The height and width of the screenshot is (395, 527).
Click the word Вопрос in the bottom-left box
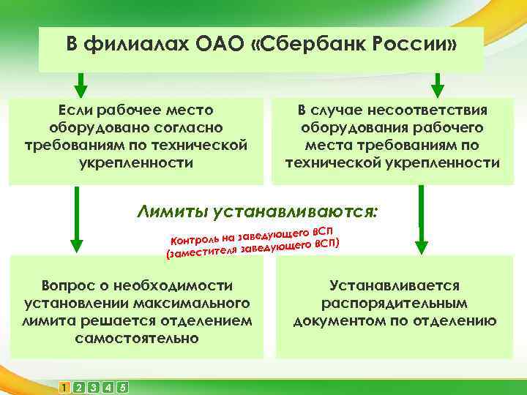click(x=72, y=285)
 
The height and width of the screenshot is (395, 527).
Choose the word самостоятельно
click(x=136, y=338)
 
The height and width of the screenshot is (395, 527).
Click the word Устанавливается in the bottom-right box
click(x=395, y=285)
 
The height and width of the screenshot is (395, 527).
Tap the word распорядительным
click(x=395, y=303)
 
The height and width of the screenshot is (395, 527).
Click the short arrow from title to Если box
click(x=80, y=84)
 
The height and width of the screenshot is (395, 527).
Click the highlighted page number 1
click(x=65, y=387)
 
